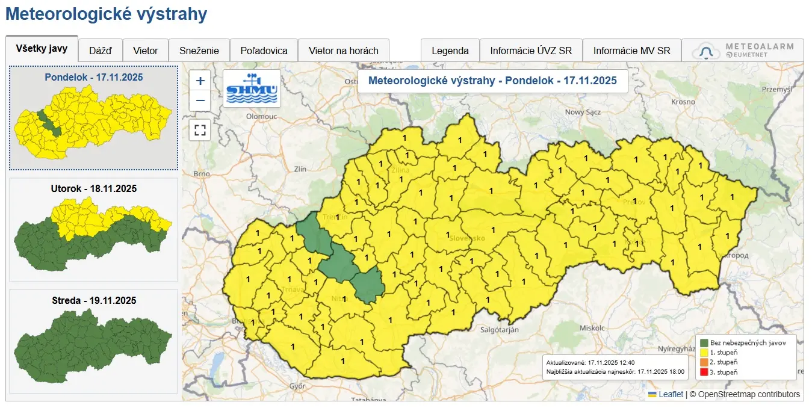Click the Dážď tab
coord(101,51)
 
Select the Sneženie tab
coord(199,51)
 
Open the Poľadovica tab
coord(264,51)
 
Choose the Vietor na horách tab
coord(344,51)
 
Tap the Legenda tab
coord(450,51)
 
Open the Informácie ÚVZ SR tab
coord(531,51)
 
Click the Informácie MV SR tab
coord(631,51)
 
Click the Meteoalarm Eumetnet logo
coord(743,51)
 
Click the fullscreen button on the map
coord(200,129)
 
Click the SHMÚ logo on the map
coord(252,88)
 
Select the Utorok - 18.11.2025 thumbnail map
coord(93,230)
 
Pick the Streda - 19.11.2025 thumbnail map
coord(93,341)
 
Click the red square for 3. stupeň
coord(704,372)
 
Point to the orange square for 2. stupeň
coord(704,362)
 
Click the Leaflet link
coord(671,394)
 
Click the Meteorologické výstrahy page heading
coord(106,14)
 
